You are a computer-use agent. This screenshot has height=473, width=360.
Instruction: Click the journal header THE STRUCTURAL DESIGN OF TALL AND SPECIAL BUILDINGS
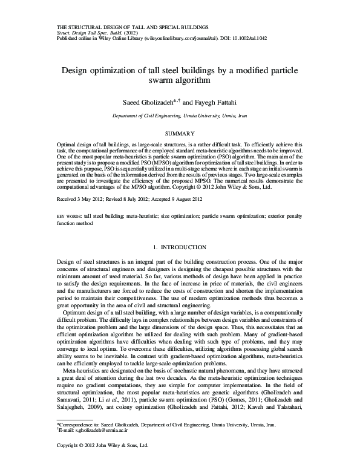(x=133, y=28)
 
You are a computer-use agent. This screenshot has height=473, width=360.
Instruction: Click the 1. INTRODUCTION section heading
(x=180, y=264)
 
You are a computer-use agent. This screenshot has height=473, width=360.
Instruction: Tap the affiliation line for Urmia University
(x=180, y=116)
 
